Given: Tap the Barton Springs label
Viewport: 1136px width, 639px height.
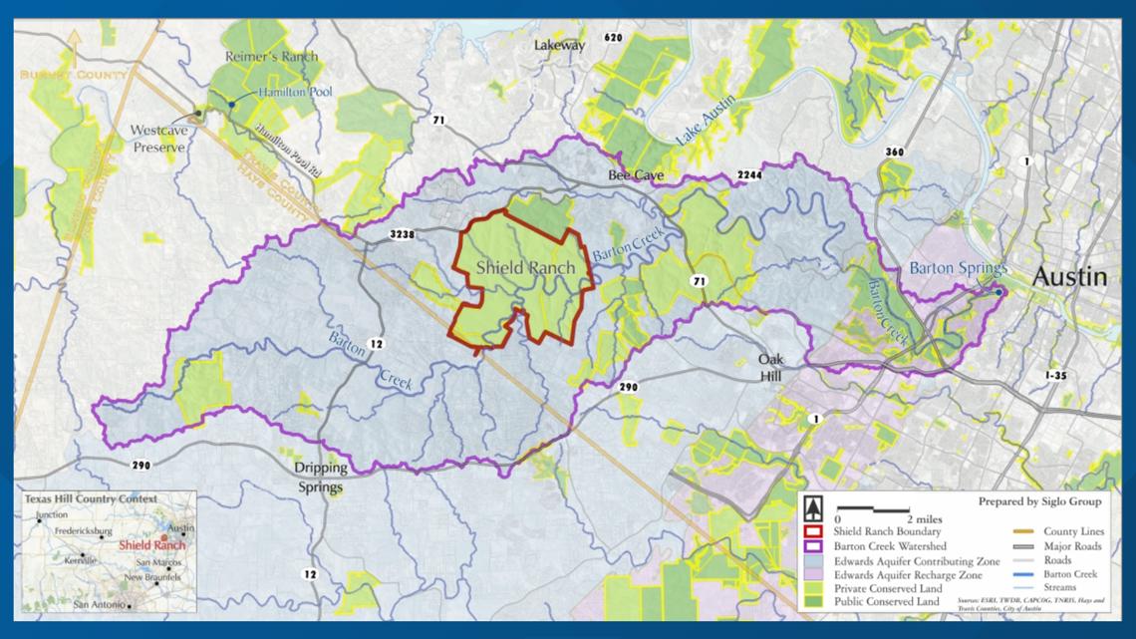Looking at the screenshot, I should tap(959, 269).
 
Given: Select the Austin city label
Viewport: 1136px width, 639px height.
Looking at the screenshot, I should tap(1068, 277).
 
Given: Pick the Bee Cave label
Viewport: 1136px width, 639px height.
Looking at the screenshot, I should tap(635, 175).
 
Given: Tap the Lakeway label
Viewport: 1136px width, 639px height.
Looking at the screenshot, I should tap(560, 45).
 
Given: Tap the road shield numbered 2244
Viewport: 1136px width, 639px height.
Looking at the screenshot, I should tap(750, 175).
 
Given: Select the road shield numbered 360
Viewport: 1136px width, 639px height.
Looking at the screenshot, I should tap(893, 152).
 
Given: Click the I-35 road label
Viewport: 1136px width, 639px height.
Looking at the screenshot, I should tap(1061, 374).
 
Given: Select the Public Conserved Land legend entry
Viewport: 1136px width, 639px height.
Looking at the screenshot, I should tap(882, 603).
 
